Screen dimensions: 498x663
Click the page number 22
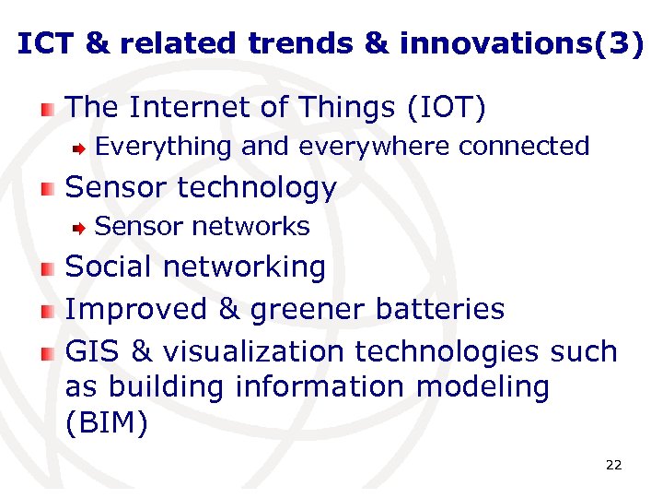tap(613, 465)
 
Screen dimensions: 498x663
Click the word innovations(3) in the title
tap(521, 44)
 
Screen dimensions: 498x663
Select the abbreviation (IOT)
tap(446, 108)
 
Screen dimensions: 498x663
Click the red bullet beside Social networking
tap(48, 268)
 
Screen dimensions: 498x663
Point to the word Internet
tap(191, 108)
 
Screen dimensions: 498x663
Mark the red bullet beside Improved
tap(48, 311)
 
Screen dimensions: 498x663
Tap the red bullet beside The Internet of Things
tap(48, 110)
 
